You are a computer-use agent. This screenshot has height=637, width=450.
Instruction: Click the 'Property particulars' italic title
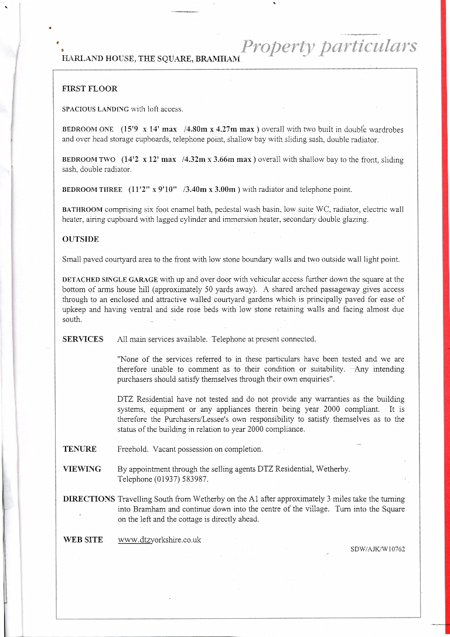329,46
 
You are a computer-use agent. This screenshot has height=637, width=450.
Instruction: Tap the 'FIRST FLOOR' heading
90,89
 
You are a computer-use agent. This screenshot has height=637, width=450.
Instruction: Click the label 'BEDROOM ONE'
88,130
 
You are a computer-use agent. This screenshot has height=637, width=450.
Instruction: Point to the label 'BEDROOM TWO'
88,160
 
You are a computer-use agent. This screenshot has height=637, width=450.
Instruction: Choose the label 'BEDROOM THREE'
92,190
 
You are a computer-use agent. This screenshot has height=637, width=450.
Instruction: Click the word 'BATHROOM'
83,209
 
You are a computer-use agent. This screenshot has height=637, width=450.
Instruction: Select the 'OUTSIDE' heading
80,239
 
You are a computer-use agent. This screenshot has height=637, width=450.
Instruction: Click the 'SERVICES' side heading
83,340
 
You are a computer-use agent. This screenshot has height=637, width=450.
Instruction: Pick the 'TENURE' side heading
79,449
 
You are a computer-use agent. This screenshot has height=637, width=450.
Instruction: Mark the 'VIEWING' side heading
81,469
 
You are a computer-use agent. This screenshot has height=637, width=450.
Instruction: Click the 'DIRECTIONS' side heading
89,499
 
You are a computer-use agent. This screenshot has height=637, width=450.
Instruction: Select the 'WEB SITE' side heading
83,540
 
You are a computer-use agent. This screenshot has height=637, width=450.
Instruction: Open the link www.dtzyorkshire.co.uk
159,540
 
